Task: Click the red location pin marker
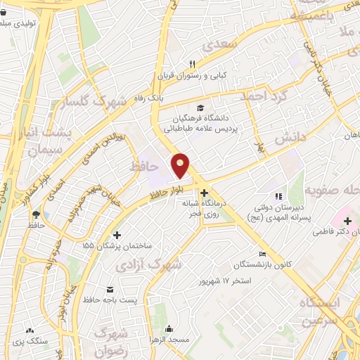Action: (x=181, y=166)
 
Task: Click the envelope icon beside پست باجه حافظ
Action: (x=110, y=290)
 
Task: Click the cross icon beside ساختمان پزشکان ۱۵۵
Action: (x=117, y=235)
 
